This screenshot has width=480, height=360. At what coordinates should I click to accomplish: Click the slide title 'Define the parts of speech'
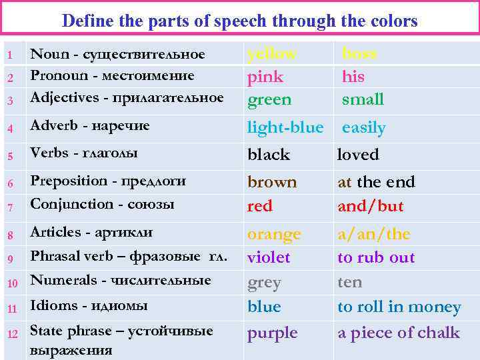coord(239,21)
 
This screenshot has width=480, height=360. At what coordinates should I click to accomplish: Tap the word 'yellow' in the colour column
coord(271,53)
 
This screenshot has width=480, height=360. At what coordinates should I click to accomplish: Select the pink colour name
coord(265,77)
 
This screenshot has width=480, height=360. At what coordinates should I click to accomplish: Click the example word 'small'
coord(363,99)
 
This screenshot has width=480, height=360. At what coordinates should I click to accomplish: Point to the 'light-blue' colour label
coord(285,127)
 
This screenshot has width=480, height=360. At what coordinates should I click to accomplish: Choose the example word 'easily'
coord(364,127)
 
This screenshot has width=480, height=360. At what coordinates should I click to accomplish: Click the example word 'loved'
coord(358,155)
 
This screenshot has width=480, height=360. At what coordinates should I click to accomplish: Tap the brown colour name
coord(272,182)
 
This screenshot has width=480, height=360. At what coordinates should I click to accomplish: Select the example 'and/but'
coord(371,206)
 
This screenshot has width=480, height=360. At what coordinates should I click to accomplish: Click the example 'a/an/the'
coord(374,234)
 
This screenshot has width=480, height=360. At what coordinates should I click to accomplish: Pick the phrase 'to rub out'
coord(376,257)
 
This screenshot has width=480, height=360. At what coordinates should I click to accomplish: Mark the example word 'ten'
coord(350,282)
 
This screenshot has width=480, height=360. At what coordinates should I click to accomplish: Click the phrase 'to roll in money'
coord(399,307)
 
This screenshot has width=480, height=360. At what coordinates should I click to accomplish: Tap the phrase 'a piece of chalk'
coord(399,333)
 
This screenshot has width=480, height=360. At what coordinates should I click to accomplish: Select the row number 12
coord(11,333)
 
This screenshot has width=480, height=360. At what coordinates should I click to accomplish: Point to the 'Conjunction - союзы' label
coord(102,204)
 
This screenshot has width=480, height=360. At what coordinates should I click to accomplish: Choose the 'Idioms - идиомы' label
coord(89,305)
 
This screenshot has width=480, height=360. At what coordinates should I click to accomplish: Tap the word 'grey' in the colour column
coord(264,283)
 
